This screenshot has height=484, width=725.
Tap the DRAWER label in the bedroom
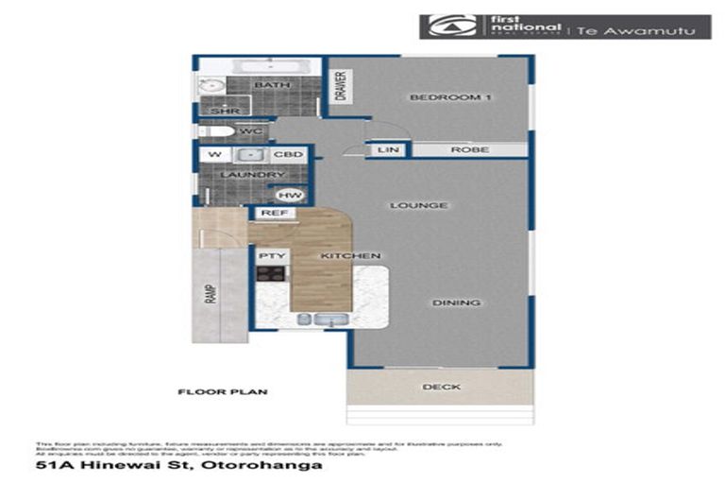pyautogui.click(x=342, y=86)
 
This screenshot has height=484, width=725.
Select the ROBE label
pyautogui.click(x=468, y=149)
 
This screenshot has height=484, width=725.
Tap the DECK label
pyautogui.click(x=441, y=386)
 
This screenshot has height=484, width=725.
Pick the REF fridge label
pyautogui.click(x=274, y=214)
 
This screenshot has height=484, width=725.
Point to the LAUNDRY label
pyautogui.click(x=252, y=175)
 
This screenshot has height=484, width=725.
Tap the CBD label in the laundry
pyautogui.click(x=289, y=154)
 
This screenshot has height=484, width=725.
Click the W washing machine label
pyautogui.click(x=214, y=154)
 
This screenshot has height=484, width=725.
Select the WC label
pyautogui.click(x=249, y=130)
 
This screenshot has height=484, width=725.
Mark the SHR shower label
pyautogui.click(x=225, y=111)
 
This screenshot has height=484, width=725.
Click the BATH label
pyautogui.click(x=272, y=86)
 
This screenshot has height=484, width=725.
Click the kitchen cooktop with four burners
pyautogui.click(x=271, y=274)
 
